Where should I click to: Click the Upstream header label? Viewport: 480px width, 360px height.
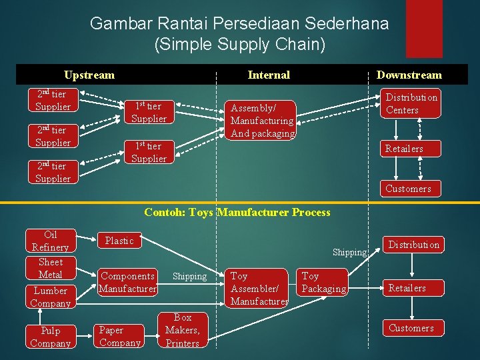coord(89,75)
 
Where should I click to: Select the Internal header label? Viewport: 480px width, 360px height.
coord(269,75)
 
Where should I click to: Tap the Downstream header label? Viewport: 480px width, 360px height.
coord(409,75)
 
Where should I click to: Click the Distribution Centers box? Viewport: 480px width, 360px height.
coord(411,103)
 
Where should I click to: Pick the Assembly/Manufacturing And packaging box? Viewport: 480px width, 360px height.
coord(262,120)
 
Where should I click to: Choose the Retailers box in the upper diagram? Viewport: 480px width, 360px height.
coord(404,148)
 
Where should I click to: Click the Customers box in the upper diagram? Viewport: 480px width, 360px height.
coord(408,188)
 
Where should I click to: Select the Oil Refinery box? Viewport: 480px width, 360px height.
coord(51,241)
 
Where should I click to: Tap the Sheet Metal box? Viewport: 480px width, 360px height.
coord(51,268)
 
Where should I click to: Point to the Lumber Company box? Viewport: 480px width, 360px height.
coord(51,297)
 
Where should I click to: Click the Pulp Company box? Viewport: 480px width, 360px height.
coord(51,337)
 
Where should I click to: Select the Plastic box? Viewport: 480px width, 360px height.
coord(119,241)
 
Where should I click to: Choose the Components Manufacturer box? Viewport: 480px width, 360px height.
coord(127,282)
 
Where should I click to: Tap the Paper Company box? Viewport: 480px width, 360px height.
coord(120,336)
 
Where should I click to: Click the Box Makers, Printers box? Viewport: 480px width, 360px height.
coord(183,330)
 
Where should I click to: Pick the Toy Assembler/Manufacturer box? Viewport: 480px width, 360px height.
coord(259,288)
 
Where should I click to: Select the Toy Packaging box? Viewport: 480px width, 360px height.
coord(324,282)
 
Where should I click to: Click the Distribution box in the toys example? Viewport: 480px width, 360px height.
coord(414,245)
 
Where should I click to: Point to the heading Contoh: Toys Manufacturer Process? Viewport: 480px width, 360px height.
coord(237,213)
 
